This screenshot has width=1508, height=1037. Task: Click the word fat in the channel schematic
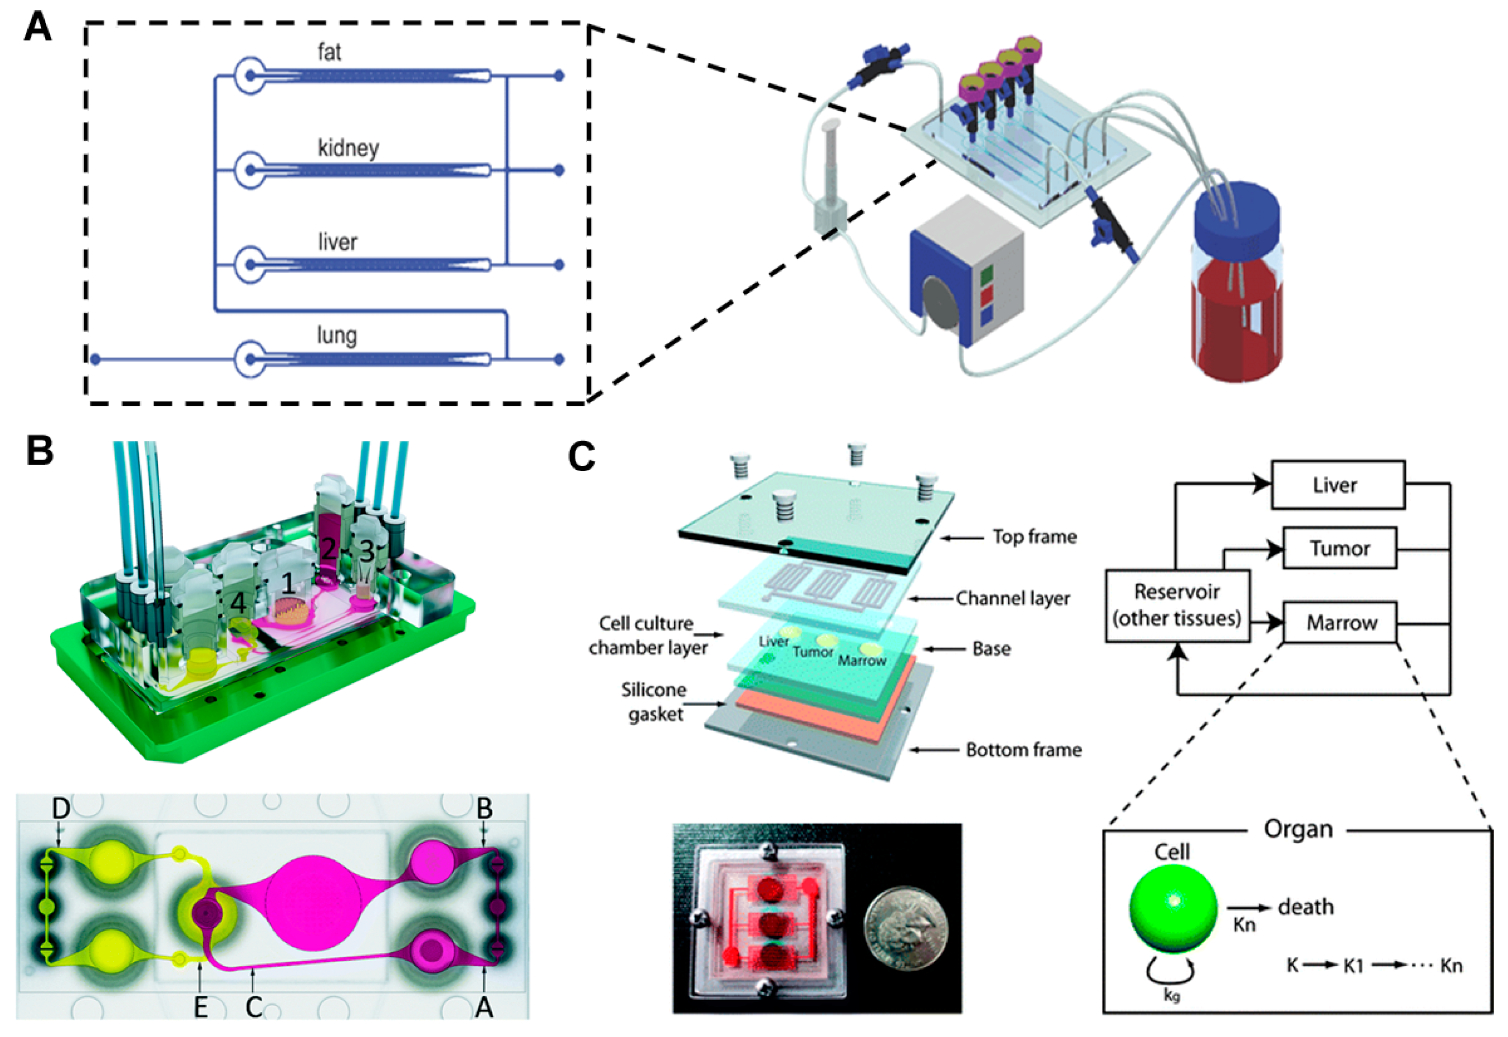pyautogui.click(x=329, y=52)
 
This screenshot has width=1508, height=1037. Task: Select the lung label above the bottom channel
pyautogui.click(x=337, y=336)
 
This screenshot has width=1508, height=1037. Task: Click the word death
pyautogui.click(x=1305, y=907)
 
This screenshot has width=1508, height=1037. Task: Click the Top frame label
pyautogui.click(x=1034, y=537)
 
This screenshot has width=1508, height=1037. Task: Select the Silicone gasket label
pyautogui.click(x=654, y=702)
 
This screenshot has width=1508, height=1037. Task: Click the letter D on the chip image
pyautogui.click(x=61, y=809)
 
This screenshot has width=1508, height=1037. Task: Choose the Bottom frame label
pyautogui.click(x=1023, y=750)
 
